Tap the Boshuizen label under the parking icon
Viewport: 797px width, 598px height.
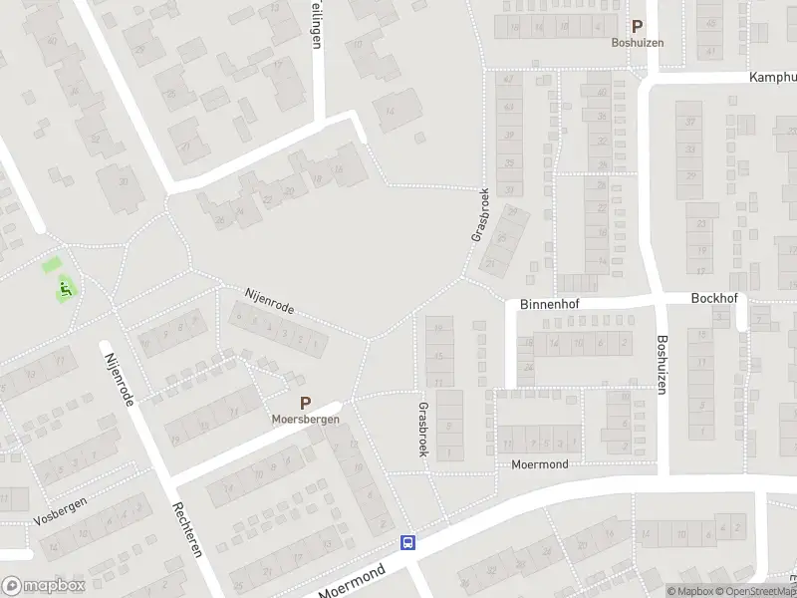coord(638,43)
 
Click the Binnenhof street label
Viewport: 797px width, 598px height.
coord(548,307)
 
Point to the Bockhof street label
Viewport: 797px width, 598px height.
coord(711,298)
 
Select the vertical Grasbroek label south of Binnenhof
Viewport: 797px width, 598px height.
coord(423,430)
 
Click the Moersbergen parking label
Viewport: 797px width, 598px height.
coord(306,420)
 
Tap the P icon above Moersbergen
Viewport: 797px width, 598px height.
coord(306,404)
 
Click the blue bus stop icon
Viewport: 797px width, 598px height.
coord(407,543)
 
